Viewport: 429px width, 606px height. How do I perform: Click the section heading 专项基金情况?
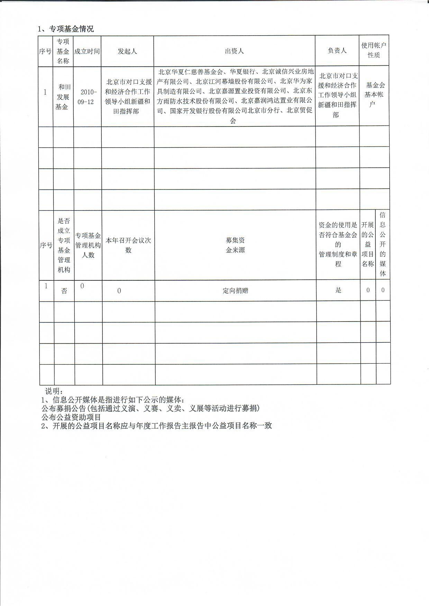[71, 29]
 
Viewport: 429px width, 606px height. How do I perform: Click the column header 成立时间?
[87, 51]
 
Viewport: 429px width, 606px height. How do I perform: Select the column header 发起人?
[127, 51]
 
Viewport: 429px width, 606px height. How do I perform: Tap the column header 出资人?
[234, 51]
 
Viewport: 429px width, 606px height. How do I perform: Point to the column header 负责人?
[337, 50]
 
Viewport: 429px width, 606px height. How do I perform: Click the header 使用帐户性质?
[374, 50]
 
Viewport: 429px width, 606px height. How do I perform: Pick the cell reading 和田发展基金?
[63, 97]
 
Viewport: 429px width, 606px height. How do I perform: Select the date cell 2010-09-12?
[87, 97]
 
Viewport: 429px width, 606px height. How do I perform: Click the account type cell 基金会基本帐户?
[374, 94]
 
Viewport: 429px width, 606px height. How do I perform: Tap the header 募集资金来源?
[235, 245]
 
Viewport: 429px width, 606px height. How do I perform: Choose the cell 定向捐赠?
[235, 291]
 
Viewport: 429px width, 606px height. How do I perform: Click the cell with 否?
[64, 291]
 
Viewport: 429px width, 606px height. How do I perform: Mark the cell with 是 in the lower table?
[338, 290]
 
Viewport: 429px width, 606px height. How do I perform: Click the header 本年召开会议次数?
[128, 245]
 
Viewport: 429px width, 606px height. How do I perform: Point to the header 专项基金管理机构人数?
[88, 245]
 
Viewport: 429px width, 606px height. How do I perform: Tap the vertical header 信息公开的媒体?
[383, 244]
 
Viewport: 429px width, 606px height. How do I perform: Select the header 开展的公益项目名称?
[368, 244]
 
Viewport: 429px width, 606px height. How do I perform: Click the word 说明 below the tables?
[53, 391]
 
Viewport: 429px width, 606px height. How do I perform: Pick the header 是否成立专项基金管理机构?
[64, 245]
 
